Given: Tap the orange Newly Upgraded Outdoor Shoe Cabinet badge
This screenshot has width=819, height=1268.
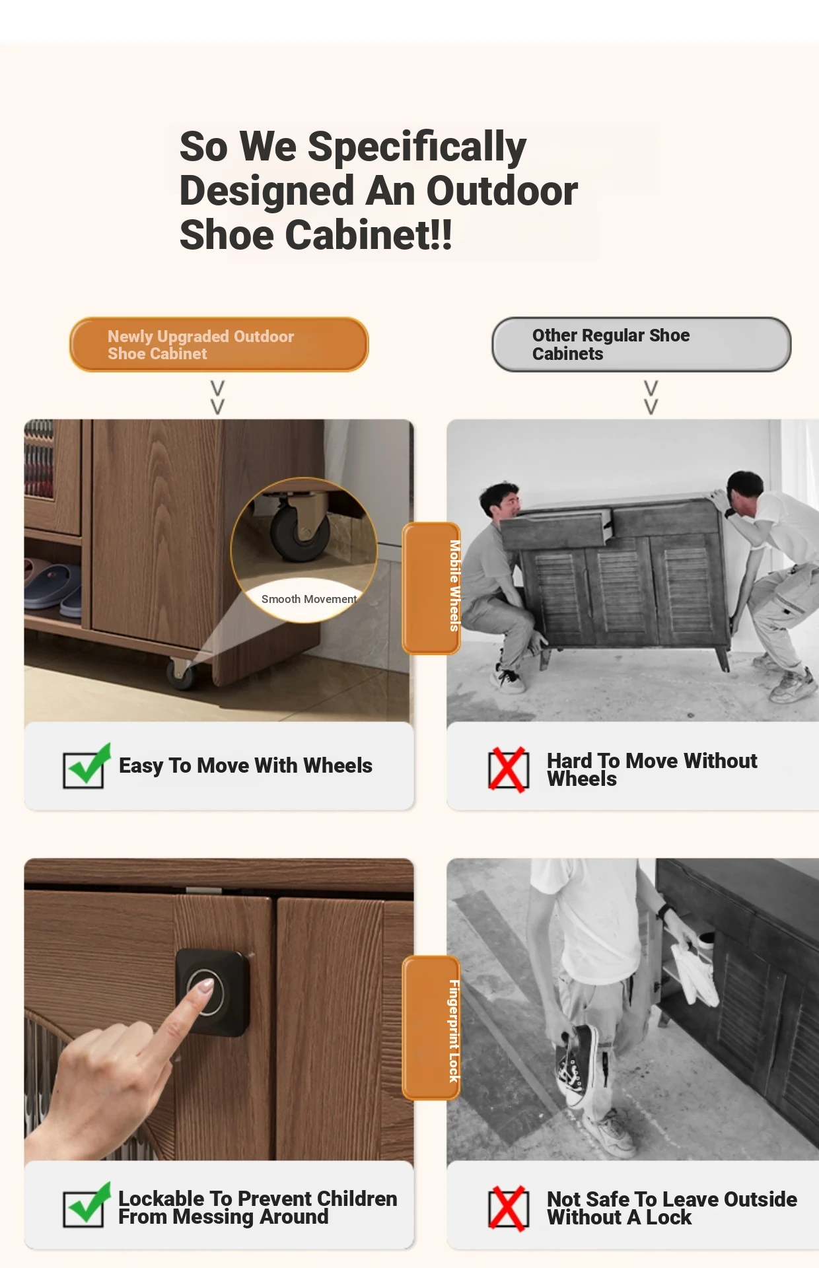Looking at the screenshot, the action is point(219,344).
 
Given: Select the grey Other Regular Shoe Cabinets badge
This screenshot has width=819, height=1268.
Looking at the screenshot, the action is point(641,344).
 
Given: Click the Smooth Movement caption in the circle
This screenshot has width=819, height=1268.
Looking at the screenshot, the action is point(308,599).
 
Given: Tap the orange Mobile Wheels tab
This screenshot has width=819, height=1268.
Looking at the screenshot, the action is point(432,588).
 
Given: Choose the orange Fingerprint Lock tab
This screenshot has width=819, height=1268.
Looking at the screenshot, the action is point(432,1028).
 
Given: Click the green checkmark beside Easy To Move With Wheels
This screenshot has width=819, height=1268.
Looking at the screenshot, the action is point(86,766).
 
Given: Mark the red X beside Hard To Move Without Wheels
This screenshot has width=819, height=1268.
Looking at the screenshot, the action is point(508,769).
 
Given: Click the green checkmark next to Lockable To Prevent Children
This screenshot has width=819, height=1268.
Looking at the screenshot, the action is point(86,1205).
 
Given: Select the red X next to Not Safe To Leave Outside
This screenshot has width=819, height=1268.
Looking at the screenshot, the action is point(508,1208).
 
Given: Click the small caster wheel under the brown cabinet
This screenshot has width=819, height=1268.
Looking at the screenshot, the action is point(180,674).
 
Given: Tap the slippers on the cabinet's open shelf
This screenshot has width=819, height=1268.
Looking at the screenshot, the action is point(53,585).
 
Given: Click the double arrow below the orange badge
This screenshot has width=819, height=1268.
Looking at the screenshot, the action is point(217,397).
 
